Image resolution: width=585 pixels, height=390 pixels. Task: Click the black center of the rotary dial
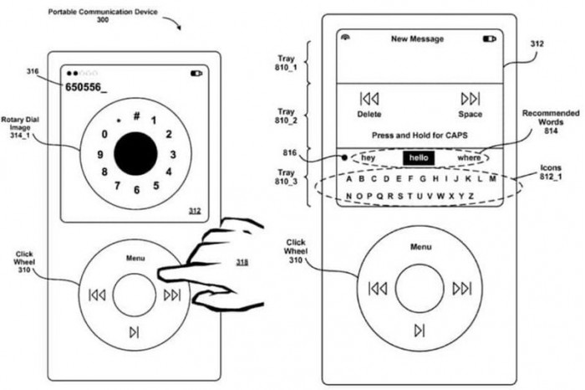tap(135, 151)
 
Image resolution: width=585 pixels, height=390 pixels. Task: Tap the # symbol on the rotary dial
tap(136, 115)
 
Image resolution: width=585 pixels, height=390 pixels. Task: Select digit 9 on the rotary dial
tap(99, 154)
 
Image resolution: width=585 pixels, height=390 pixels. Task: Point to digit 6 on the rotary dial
tap(135, 191)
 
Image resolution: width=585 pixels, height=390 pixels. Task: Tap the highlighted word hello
tap(418, 157)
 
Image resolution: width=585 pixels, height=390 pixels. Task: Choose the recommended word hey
tap(369, 157)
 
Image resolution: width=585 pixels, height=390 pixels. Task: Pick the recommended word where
tap(470, 157)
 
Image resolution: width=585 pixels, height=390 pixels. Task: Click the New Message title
tap(418, 39)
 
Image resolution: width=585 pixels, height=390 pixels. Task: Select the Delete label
tap(369, 114)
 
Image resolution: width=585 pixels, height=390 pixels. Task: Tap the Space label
tap(470, 114)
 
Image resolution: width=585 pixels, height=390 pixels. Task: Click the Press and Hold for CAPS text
tap(419, 135)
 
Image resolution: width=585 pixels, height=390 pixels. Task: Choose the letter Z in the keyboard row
tap(472, 196)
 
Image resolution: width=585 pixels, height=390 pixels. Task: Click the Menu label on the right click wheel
tap(420, 247)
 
